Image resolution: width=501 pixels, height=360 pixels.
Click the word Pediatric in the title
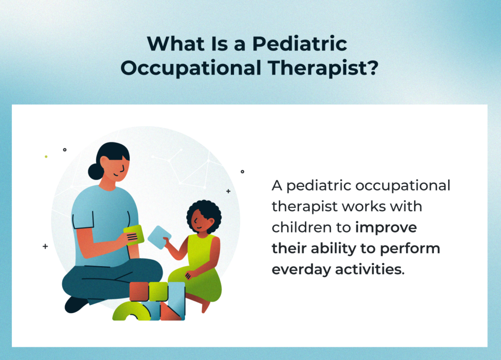point(299,45)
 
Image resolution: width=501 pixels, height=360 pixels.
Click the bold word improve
point(386,227)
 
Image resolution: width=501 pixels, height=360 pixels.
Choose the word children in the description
point(307,227)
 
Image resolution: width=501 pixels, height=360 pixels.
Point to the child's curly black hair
point(204,211)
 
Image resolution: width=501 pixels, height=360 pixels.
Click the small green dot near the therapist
point(46,157)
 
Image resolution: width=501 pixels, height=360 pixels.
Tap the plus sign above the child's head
point(228,191)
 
